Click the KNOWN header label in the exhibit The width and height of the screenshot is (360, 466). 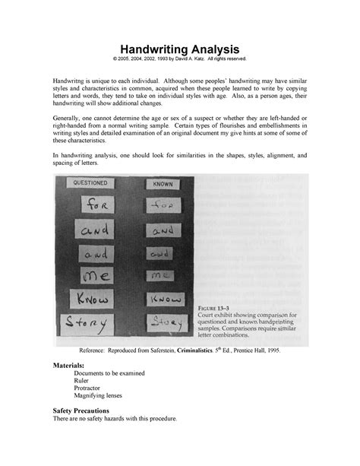click(160, 183)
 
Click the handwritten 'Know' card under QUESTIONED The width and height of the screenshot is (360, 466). click(93, 300)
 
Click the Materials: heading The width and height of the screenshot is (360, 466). click(71, 365)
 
